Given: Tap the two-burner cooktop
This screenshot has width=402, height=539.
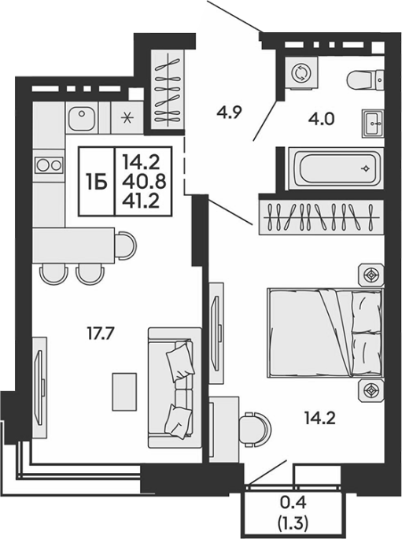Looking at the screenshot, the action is [x=49, y=165].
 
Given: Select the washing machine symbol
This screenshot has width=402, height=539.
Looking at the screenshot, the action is [x=301, y=73].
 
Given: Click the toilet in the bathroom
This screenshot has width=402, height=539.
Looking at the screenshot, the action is [x=365, y=79].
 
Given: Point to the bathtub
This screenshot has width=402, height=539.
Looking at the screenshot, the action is [x=335, y=168].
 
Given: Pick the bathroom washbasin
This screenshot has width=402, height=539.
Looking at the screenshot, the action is [x=373, y=124].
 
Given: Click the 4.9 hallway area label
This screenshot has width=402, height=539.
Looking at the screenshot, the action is [x=230, y=112].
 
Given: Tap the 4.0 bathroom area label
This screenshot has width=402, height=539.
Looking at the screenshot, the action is [x=321, y=120].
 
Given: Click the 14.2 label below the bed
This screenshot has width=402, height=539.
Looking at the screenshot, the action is [x=319, y=419].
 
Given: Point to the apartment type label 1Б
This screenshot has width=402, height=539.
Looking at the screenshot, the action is [x=97, y=182].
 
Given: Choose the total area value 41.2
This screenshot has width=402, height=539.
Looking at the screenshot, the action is [x=143, y=201].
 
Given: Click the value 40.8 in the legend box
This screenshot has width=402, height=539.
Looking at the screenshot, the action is [x=144, y=182].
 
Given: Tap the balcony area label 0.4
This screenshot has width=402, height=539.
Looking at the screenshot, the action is [x=293, y=503].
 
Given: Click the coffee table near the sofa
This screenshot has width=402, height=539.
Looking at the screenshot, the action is [x=124, y=392].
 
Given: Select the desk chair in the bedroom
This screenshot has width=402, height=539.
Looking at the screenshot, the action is [x=255, y=429].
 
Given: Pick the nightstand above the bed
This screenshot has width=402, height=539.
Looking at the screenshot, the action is [x=371, y=275].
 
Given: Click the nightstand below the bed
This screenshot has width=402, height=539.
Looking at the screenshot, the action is [x=371, y=390].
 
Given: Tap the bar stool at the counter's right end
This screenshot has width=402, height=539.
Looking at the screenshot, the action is [x=125, y=246].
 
